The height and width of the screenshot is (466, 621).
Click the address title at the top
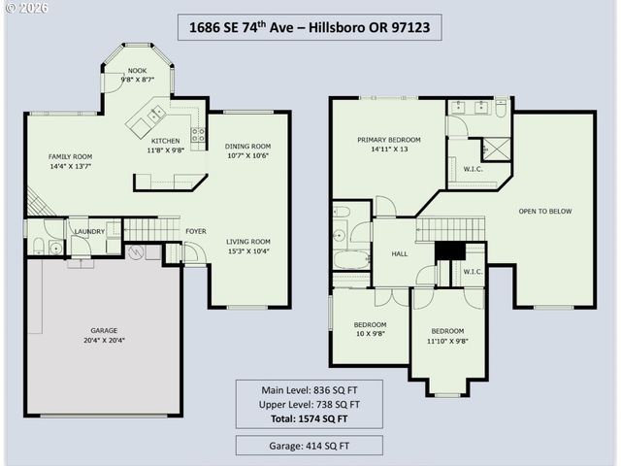click(x=310, y=28)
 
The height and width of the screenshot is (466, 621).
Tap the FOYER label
click(x=196, y=231)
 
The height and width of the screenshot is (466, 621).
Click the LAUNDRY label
click(x=89, y=231)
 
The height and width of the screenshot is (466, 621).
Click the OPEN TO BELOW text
click(x=544, y=211)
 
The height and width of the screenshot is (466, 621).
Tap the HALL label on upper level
click(x=399, y=254)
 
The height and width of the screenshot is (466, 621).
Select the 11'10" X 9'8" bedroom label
click(x=447, y=336)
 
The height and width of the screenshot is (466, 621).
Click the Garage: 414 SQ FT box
click(x=310, y=447)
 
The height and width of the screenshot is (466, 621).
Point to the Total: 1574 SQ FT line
click(x=310, y=418)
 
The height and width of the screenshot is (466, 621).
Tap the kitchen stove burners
click(x=198, y=136)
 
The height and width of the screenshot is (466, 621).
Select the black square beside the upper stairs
click(x=448, y=250)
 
